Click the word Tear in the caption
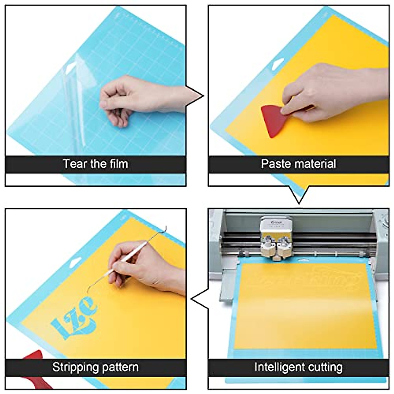coord(75,164)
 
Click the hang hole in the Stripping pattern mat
coord(75,262)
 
